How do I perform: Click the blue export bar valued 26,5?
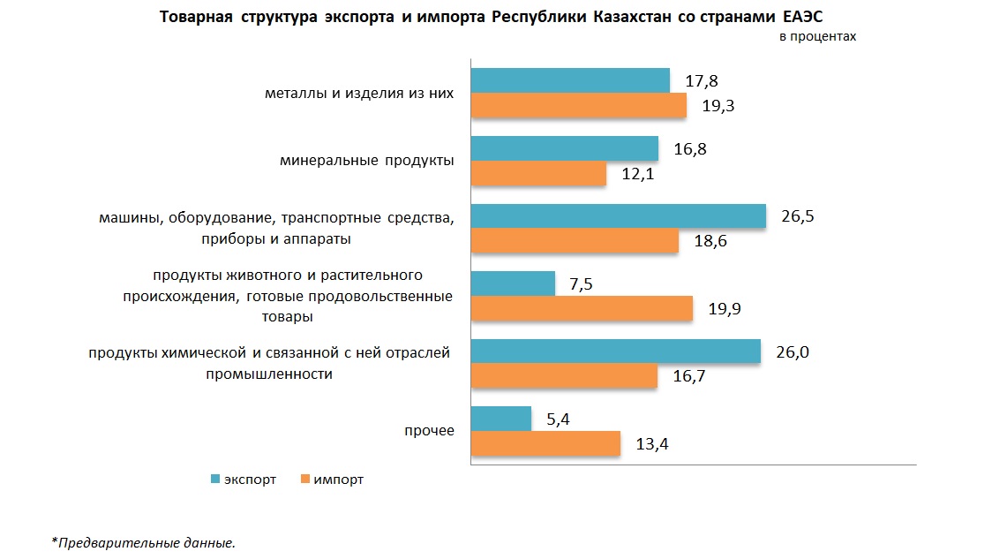pyautogui.click(x=618, y=216)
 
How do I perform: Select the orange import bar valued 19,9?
pyautogui.click(x=582, y=308)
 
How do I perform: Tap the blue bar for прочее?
pyautogui.click(x=501, y=419)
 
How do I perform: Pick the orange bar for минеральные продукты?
pyautogui.click(x=538, y=174)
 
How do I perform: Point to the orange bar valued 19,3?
pyautogui.click(x=578, y=106)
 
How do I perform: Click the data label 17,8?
pyautogui.click(x=702, y=81)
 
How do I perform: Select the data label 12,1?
pyautogui.click(x=637, y=174)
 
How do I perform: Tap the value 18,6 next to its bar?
pyautogui.click(x=710, y=241)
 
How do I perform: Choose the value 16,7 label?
pyautogui.click(x=688, y=376)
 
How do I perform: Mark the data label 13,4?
pyautogui.click(x=652, y=443)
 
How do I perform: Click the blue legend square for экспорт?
pyautogui.click(x=214, y=480)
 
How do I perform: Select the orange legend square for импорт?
pyautogui.click(x=305, y=480)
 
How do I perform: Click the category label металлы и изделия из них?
pyautogui.click(x=359, y=94)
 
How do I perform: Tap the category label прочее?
pyautogui.click(x=429, y=431)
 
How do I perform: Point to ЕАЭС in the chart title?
pyautogui.click(x=803, y=18)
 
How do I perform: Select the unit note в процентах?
pyautogui.click(x=817, y=37)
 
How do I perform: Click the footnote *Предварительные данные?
pyautogui.click(x=143, y=542)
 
